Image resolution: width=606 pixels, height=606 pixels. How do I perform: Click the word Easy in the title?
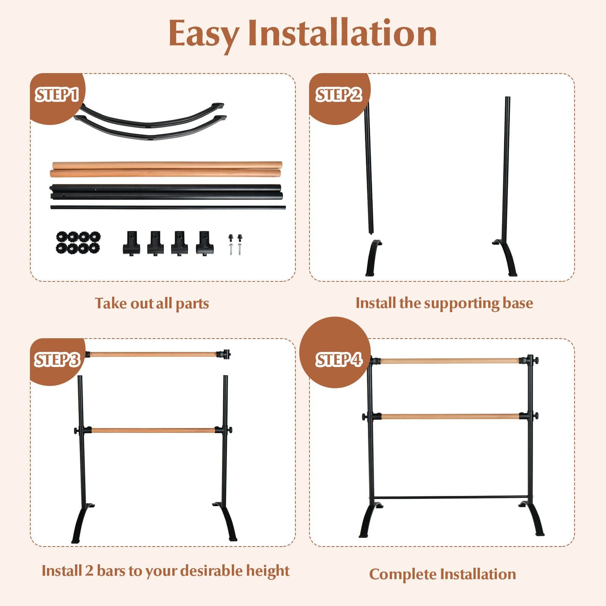tap(203, 34)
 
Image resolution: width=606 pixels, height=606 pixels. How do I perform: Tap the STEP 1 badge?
tap(57, 95)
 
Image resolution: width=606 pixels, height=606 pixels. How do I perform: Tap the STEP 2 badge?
tap(339, 95)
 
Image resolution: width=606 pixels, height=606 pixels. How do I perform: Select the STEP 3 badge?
tap(57, 360)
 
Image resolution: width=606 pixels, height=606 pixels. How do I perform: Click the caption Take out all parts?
tap(152, 303)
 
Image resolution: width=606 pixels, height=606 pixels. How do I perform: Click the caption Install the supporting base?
tap(444, 303)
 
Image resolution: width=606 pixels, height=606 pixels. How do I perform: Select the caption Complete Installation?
tap(442, 574)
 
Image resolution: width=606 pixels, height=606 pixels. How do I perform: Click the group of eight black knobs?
tap(78, 242)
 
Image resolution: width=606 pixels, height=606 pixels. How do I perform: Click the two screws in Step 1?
tap(235, 244)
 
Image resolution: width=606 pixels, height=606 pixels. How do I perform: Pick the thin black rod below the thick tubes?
tap(168, 207)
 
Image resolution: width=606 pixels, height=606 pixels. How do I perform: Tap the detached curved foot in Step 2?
tap(373, 258)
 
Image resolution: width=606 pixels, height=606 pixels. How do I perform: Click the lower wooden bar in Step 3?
tap(153, 431)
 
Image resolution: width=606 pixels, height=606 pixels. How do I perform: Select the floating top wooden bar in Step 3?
tap(153, 355)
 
